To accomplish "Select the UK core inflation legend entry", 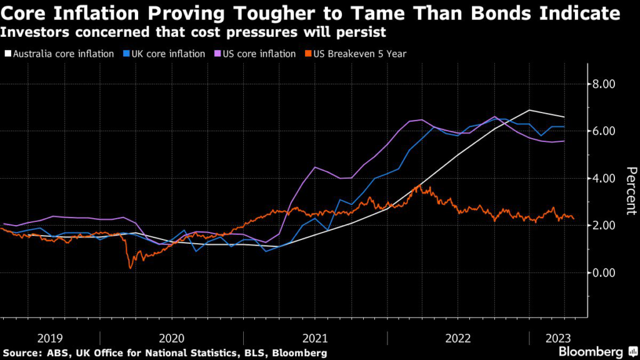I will tap(166, 54).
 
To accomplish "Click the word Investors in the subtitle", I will tap(31, 31).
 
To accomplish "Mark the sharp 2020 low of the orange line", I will tap(131, 268).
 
